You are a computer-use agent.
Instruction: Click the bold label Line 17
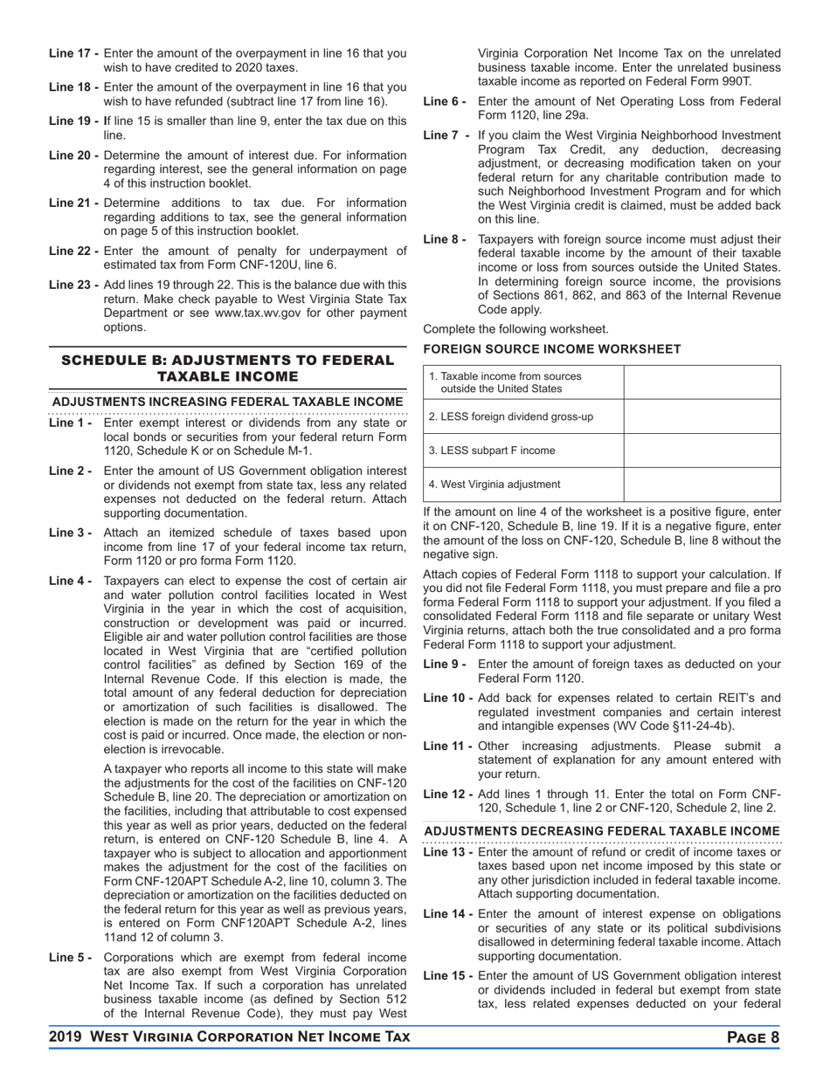pyautogui.click(x=73, y=53)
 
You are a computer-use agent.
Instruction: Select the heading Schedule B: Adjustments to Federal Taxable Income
pyautogui.click(x=227, y=368)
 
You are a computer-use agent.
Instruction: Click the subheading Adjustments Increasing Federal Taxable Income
pyautogui.click(x=227, y=403)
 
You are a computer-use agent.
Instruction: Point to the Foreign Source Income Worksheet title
pyautogui.click(x=552, y=349)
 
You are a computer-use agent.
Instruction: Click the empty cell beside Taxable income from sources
pyautogui.click(x=702, y=382)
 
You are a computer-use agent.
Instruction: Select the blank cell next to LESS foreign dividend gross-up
pyautogui.click(x=702, y=417)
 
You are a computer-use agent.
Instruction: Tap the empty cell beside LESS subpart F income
pyautogui.click(x=702, y=451)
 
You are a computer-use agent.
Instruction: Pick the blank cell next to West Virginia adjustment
pyautogui.click(x=702, y=485)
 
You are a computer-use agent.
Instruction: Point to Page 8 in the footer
pyautogui.click(x=752, y=1037)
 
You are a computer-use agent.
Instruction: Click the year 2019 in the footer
pyautogui.click(x=66, y=1037)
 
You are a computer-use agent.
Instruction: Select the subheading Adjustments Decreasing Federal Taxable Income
pyautogui.click(x=602, y=830)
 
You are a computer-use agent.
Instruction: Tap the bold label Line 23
pyautogui.click(x=73, y=285)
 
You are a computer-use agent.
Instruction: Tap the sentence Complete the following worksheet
pyautogui.click(x=515, y=329)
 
